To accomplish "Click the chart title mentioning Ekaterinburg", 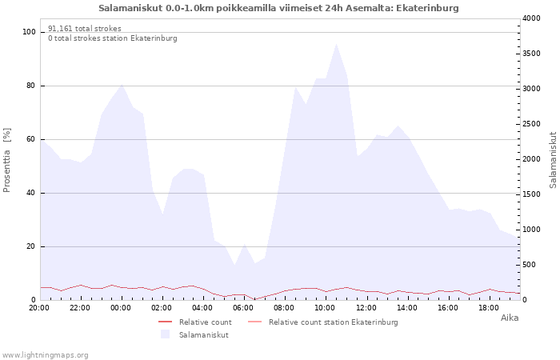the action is pos(278,8).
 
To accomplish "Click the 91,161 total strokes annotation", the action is pos(85,29).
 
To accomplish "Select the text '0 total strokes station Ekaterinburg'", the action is pos(113,38).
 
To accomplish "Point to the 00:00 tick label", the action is pos(121,308).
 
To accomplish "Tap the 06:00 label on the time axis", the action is pos(243,308).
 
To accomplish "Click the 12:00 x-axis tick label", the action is pos(366,308).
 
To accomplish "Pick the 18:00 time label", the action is pos(489,308).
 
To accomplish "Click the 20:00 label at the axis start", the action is pos(39,308).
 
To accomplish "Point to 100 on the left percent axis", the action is pos(29,32).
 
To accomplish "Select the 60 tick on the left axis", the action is pos(31,139).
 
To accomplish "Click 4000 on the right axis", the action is pos(531,18).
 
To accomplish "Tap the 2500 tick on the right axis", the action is pos(531,124).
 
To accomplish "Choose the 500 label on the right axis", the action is pos(530,265).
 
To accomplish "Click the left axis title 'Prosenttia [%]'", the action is pos(6,160).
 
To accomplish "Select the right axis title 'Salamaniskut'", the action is pos(553,160).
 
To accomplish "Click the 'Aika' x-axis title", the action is pos(510,318).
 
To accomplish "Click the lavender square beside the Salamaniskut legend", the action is pos(165,334).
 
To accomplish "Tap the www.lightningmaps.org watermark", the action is pos(45,355).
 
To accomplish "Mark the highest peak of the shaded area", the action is pos(336,43).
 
